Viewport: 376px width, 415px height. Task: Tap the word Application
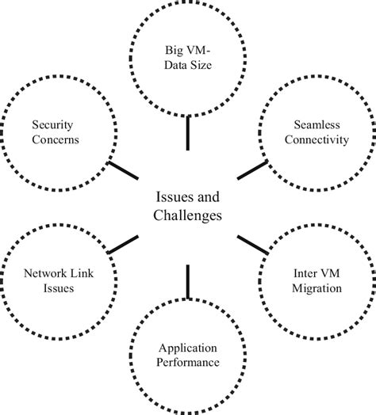coord(187,347)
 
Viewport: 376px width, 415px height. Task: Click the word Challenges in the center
coord(188,215)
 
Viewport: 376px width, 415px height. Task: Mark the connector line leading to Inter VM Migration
coord(251,243)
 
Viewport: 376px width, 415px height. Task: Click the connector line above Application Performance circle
coord(188,281)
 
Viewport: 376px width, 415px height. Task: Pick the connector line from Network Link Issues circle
coord(123,245)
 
